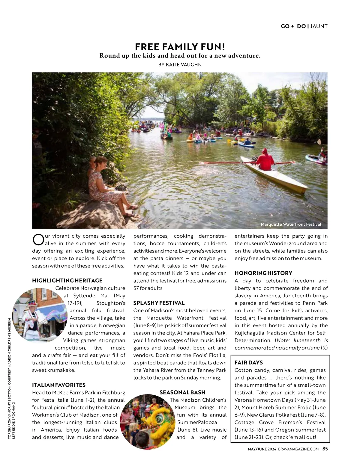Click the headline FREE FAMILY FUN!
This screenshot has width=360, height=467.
(180, 47)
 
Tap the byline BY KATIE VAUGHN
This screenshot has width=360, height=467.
(180, 64)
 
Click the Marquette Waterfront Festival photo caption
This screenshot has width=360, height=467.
(291, 224)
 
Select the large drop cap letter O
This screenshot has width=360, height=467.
(38, 239)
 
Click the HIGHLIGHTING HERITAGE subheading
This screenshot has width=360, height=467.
(67, 281)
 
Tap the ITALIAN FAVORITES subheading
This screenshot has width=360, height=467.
(59, 385)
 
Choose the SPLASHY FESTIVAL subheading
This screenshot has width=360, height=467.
(159, 303)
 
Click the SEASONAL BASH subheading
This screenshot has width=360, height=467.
(182, 392)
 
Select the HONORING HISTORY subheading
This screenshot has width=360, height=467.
(263, 273)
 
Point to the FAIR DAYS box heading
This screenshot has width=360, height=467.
(249, 362)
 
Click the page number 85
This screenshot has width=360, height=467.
(325, 449)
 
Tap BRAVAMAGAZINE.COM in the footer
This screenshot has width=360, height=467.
(298, 449)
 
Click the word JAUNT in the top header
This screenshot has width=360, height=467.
(319, 26)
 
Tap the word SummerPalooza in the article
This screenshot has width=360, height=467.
(197, 422)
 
